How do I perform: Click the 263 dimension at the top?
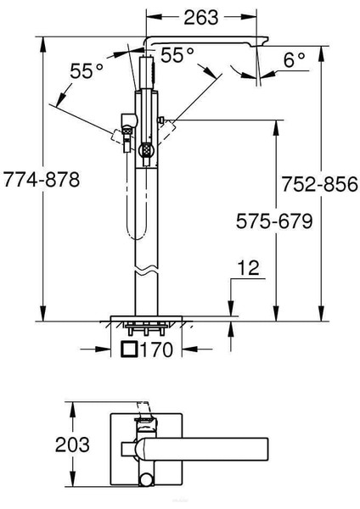201,18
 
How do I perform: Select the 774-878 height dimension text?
42,180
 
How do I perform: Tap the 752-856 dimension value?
320,184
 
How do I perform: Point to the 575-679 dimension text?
274,221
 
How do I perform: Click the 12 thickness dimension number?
249,268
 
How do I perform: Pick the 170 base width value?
156,350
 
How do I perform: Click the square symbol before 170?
129,350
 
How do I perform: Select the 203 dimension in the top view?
72,445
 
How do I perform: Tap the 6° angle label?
295,59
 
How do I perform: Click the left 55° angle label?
87,70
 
